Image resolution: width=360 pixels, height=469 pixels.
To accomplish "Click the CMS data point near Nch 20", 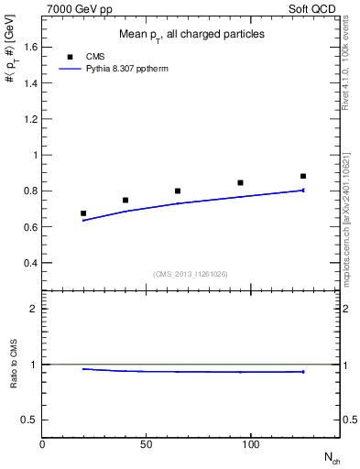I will coord(83,213).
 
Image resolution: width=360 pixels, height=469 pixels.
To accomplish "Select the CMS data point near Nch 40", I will coord(125,200).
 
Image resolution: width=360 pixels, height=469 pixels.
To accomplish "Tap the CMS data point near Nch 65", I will coord(178,191).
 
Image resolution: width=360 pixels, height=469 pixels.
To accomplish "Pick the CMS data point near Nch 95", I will coord(240,182).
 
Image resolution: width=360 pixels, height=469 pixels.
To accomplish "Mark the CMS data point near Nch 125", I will coord(303,176).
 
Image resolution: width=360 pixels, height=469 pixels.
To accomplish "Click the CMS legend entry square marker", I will coord(70,57).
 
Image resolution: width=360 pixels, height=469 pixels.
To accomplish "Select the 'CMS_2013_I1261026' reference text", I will coord(190,274).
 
